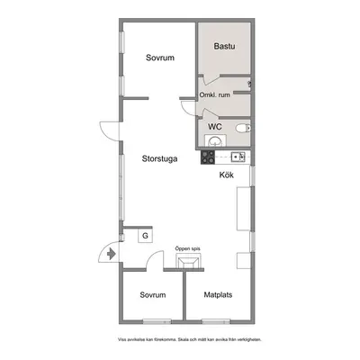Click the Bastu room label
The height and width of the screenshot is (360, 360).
224,46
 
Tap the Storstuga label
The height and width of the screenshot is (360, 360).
159,158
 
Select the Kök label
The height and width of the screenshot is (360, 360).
227,175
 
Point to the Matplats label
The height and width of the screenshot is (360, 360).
218,294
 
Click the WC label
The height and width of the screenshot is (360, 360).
215,127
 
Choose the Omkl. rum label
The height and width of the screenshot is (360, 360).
215,94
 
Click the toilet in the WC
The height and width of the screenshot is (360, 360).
243,129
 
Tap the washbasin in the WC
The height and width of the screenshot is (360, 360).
215,140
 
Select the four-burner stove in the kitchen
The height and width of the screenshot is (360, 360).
208,157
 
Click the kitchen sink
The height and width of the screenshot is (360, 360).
238,157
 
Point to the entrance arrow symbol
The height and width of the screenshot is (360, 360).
112,254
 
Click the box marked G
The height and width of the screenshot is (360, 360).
145,236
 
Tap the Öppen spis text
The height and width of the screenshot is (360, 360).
188,248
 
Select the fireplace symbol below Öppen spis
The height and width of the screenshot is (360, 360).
188,261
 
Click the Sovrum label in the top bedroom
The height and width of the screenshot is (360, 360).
160,58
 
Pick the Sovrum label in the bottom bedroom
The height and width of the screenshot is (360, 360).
153,294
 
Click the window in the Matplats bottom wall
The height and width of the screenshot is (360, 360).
216,321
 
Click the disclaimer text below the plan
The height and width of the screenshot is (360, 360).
190,340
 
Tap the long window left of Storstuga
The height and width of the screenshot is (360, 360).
121,188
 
